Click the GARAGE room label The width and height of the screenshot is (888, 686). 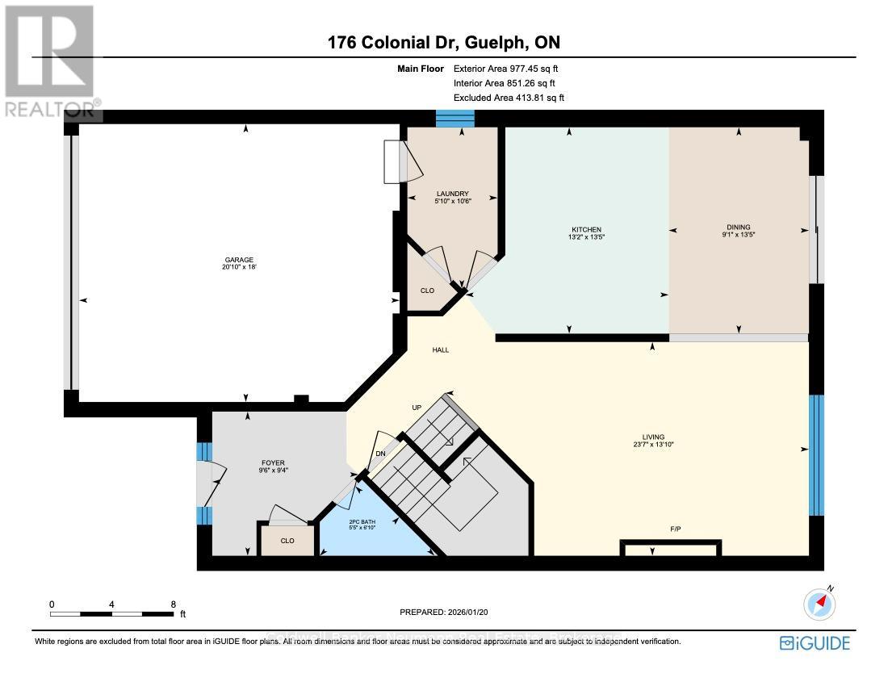point(239,260)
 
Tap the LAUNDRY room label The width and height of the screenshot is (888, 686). point(453,194)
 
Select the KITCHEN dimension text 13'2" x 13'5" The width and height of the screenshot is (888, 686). point(587,238)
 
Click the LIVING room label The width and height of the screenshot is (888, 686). point(653,437)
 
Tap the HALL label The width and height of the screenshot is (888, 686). point(440,350)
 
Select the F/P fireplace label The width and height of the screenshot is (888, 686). point(676,529)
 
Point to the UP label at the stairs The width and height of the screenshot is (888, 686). point(417,407)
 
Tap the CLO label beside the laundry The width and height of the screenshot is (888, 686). point(427,291)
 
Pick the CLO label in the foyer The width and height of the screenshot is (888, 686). point(287,541)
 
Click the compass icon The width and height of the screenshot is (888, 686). point(820,603)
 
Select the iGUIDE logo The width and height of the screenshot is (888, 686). point(815,642)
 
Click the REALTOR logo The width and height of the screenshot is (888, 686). point(50,61)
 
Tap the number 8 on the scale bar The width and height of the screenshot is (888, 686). point(173,604)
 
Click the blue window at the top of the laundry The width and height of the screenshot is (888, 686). point(454,119)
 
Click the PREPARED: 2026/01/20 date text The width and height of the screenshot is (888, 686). point(444,613)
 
